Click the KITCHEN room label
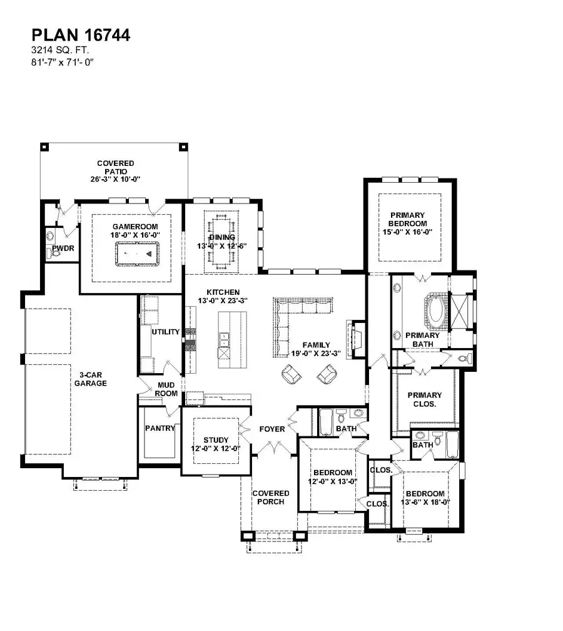tap(223, 292)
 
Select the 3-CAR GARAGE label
tap(89, 379)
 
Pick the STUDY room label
tap(216, 439)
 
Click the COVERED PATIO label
tap(115, 167)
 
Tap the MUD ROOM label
tap(166, 389)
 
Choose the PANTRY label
tap(159, 428)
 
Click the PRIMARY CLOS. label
tap(424, 399)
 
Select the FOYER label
tap(272, 429)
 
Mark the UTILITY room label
tap(166, 332)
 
